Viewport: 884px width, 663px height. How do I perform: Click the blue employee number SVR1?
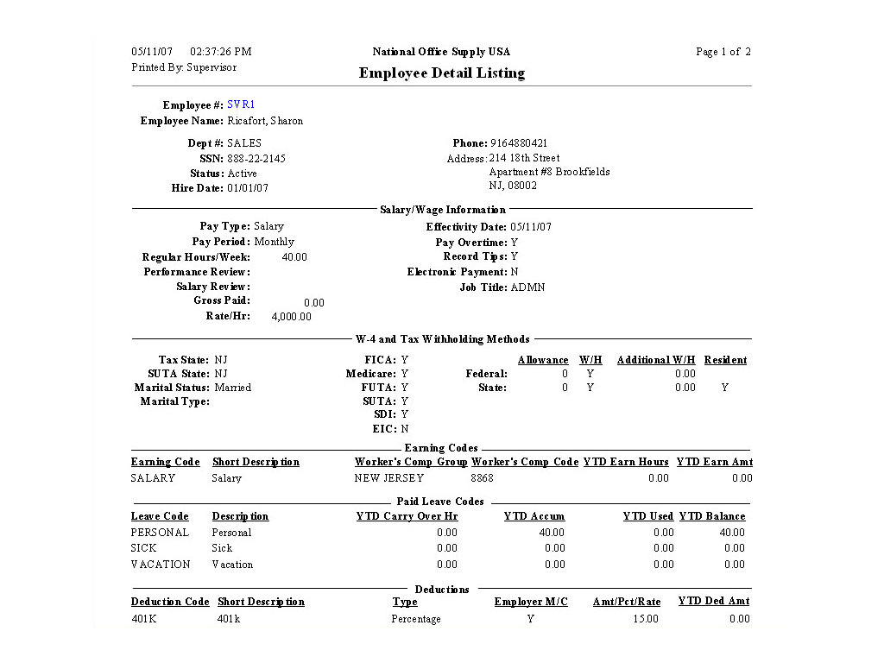(241, 104)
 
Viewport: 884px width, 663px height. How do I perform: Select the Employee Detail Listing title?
(441, 73)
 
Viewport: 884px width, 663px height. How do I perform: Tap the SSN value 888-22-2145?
(256, 159)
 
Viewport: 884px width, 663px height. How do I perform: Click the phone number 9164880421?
(519, 143)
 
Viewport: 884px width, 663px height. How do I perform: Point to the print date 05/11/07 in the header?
(147, 52)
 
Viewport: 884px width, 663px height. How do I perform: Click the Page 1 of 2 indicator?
(723, 52)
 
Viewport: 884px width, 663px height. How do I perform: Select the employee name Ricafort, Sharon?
(265, 121)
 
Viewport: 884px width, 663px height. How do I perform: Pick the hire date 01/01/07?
(248, 188)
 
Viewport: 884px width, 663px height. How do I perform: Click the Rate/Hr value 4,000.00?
(291, 317)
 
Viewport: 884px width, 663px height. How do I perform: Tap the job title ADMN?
(527, 287)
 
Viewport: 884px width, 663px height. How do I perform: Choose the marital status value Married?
(233, 388)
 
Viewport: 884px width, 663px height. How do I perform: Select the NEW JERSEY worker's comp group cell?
(389, 478)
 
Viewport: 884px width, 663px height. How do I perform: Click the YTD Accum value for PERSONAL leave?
(552, 533)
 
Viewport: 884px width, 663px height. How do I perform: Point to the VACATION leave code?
(161, 565)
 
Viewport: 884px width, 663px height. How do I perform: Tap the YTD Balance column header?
(712, 516)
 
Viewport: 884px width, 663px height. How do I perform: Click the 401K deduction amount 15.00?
(645, 619)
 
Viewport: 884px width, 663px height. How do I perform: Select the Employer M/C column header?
(531, 602)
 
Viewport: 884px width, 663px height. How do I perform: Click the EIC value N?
(405, 429)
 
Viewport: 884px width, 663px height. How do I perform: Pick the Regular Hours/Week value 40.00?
(294, 257)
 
